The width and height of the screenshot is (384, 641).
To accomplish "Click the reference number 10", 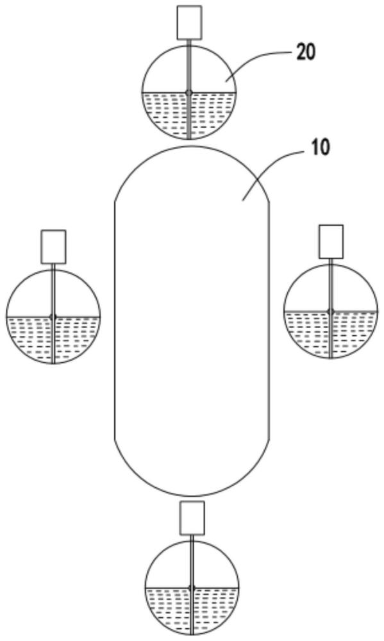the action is coord(320,147).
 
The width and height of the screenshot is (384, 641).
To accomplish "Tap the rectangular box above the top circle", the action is coord(189,22).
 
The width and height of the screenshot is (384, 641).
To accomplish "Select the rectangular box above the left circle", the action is coord(54,247).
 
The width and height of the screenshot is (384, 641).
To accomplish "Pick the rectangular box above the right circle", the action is coord(331,242).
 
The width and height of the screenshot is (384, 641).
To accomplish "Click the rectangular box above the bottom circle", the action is coord(192,518).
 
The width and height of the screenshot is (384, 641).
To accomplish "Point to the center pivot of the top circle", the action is coord(188,93).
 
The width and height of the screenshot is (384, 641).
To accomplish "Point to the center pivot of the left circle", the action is coord(53,317).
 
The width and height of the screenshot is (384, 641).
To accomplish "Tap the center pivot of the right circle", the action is coord(331,312).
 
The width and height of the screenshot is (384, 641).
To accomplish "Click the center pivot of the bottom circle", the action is coord(192,588).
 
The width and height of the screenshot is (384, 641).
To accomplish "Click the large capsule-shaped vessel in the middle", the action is coord(192,321).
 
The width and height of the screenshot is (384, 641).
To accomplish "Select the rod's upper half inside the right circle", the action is coord(331,283).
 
